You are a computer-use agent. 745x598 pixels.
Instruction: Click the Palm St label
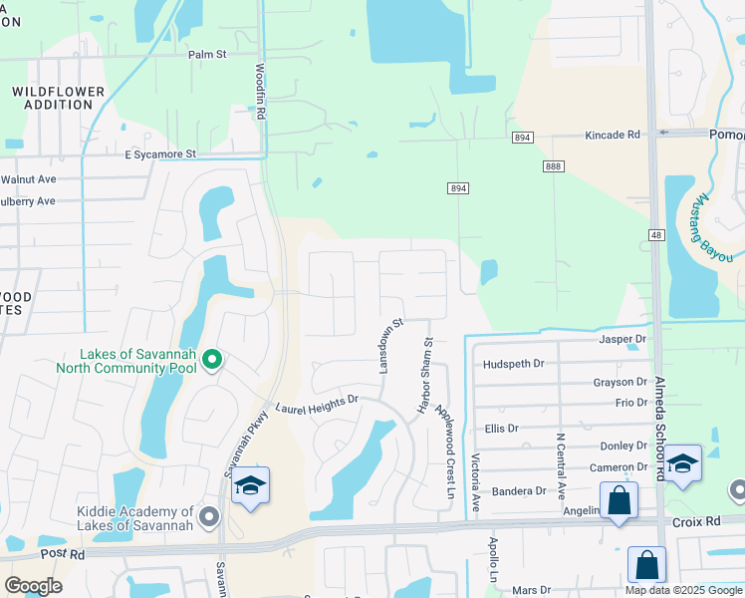[208, 54]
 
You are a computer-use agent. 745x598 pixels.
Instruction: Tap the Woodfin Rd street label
[259, 93]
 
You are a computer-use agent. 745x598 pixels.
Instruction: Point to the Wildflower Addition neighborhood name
[58, 98]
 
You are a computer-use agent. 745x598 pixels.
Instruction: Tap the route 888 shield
[551, 165]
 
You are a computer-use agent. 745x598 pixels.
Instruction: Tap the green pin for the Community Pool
[211, 359]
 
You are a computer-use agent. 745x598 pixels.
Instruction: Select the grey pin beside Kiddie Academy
[209, 515]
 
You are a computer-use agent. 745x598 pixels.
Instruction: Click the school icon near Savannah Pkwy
[250, 486]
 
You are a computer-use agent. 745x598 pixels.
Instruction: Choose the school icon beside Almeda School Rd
[682, 464]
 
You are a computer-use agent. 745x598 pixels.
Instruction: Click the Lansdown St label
[389, 346]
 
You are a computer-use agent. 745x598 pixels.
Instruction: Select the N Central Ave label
[561, 466]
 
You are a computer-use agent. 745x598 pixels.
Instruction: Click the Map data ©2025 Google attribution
[682, 590]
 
